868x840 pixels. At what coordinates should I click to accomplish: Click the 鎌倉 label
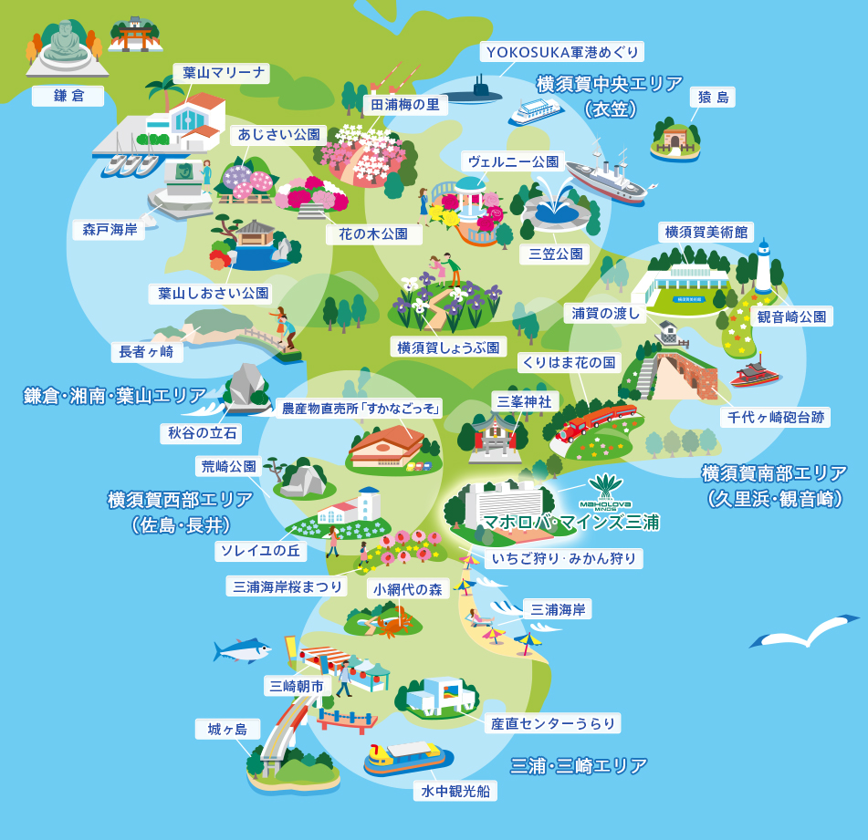pos(68,96)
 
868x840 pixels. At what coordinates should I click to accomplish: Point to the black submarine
pos(481,92)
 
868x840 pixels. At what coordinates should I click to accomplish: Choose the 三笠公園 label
pos(557,254)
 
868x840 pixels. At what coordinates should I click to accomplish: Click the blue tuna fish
pos(242,650)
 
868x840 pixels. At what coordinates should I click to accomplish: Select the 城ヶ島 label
pos(227,729)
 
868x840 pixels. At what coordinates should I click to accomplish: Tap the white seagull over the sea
pos(803,631)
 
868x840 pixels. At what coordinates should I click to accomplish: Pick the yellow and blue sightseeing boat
pos(407,757)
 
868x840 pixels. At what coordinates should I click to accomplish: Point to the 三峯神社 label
pos(524,400)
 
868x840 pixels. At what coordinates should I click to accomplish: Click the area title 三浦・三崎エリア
pos(579,765)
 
